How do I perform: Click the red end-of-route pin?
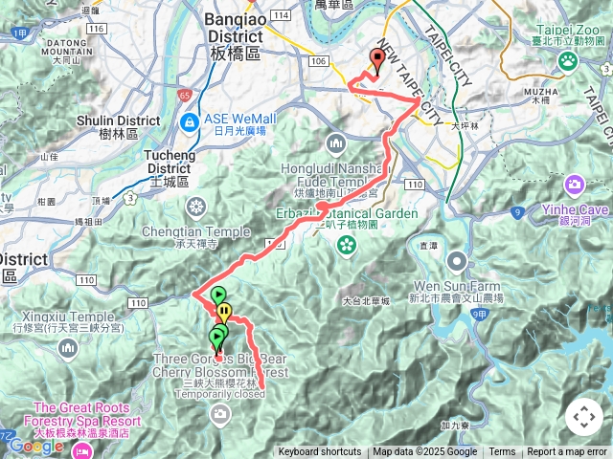tap(376, 61)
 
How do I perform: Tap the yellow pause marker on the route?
tap(224, 312)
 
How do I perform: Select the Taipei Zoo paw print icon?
tap(568, 60)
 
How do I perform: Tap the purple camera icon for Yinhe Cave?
tap(575, 184)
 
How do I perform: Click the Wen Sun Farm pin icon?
tap(458, 260)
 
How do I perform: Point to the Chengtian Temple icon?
tap(196, 207)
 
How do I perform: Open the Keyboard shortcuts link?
tap(320, 452)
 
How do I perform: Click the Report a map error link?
tap(567, 452)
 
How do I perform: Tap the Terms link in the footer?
tap(502, 452)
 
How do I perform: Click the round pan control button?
tap(584, 417)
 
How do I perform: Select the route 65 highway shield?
tap(184, 95)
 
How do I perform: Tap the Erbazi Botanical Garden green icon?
tap(345, 247)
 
